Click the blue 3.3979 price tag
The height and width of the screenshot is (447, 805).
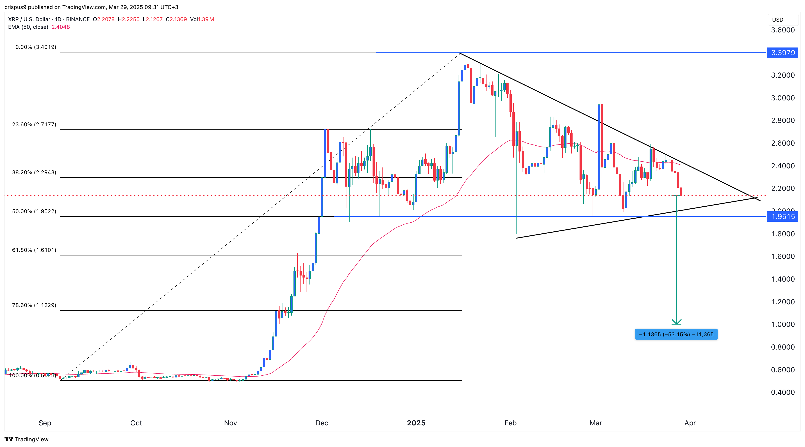point(782,52)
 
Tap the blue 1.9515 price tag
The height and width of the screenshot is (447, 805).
point(782,217)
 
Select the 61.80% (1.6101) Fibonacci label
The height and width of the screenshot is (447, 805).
point(34,250)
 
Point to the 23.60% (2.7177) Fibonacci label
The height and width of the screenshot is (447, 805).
point(34,124)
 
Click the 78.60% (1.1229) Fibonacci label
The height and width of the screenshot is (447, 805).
point(34,305)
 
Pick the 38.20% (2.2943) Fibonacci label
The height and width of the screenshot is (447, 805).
point(34,172)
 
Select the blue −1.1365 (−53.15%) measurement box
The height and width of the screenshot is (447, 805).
point(676,334)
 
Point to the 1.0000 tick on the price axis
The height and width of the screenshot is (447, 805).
point(782,324)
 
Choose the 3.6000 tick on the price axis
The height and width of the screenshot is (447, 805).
point(782,30)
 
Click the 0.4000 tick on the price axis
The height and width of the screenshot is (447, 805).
point(782,392)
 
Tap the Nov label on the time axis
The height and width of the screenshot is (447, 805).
point(230,423)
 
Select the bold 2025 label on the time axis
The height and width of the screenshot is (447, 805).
point(416,423)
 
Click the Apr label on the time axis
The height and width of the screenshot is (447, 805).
point(690,423)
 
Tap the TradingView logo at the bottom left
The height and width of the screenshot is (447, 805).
point(27,439)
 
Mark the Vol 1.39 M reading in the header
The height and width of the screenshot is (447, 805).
point(202,19)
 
